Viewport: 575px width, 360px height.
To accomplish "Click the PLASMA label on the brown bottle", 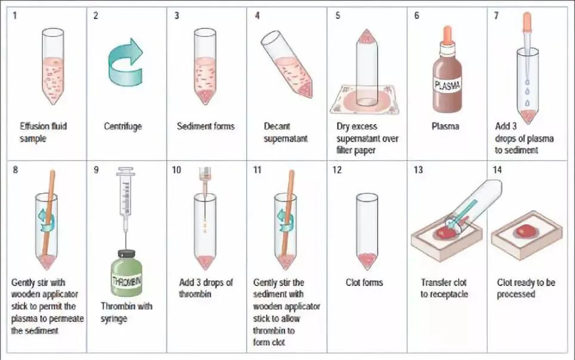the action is coord(447,85).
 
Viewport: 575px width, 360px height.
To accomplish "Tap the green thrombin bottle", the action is coord(126,272).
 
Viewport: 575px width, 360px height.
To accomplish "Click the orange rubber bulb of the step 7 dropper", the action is coord(527,20).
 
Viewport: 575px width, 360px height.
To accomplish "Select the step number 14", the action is coord(497,170).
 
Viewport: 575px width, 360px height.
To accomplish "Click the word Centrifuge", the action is coord(123,126).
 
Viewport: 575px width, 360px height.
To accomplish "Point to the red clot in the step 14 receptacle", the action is coord(525,231).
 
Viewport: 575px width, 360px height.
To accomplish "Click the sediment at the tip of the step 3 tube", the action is coord(205,95).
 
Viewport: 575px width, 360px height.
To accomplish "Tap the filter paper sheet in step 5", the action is coord(363,99).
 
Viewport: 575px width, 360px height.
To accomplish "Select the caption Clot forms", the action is coord(364,283).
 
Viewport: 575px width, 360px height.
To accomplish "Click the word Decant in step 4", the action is coord(277,126).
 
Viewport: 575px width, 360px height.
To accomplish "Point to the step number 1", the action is coord(15,15).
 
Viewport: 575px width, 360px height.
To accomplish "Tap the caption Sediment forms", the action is coord(205,126).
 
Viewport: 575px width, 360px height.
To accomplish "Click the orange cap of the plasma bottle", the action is coord(447,35).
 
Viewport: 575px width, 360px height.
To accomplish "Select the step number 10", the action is coord(177,170).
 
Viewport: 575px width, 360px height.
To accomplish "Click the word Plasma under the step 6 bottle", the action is coord(445,126).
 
